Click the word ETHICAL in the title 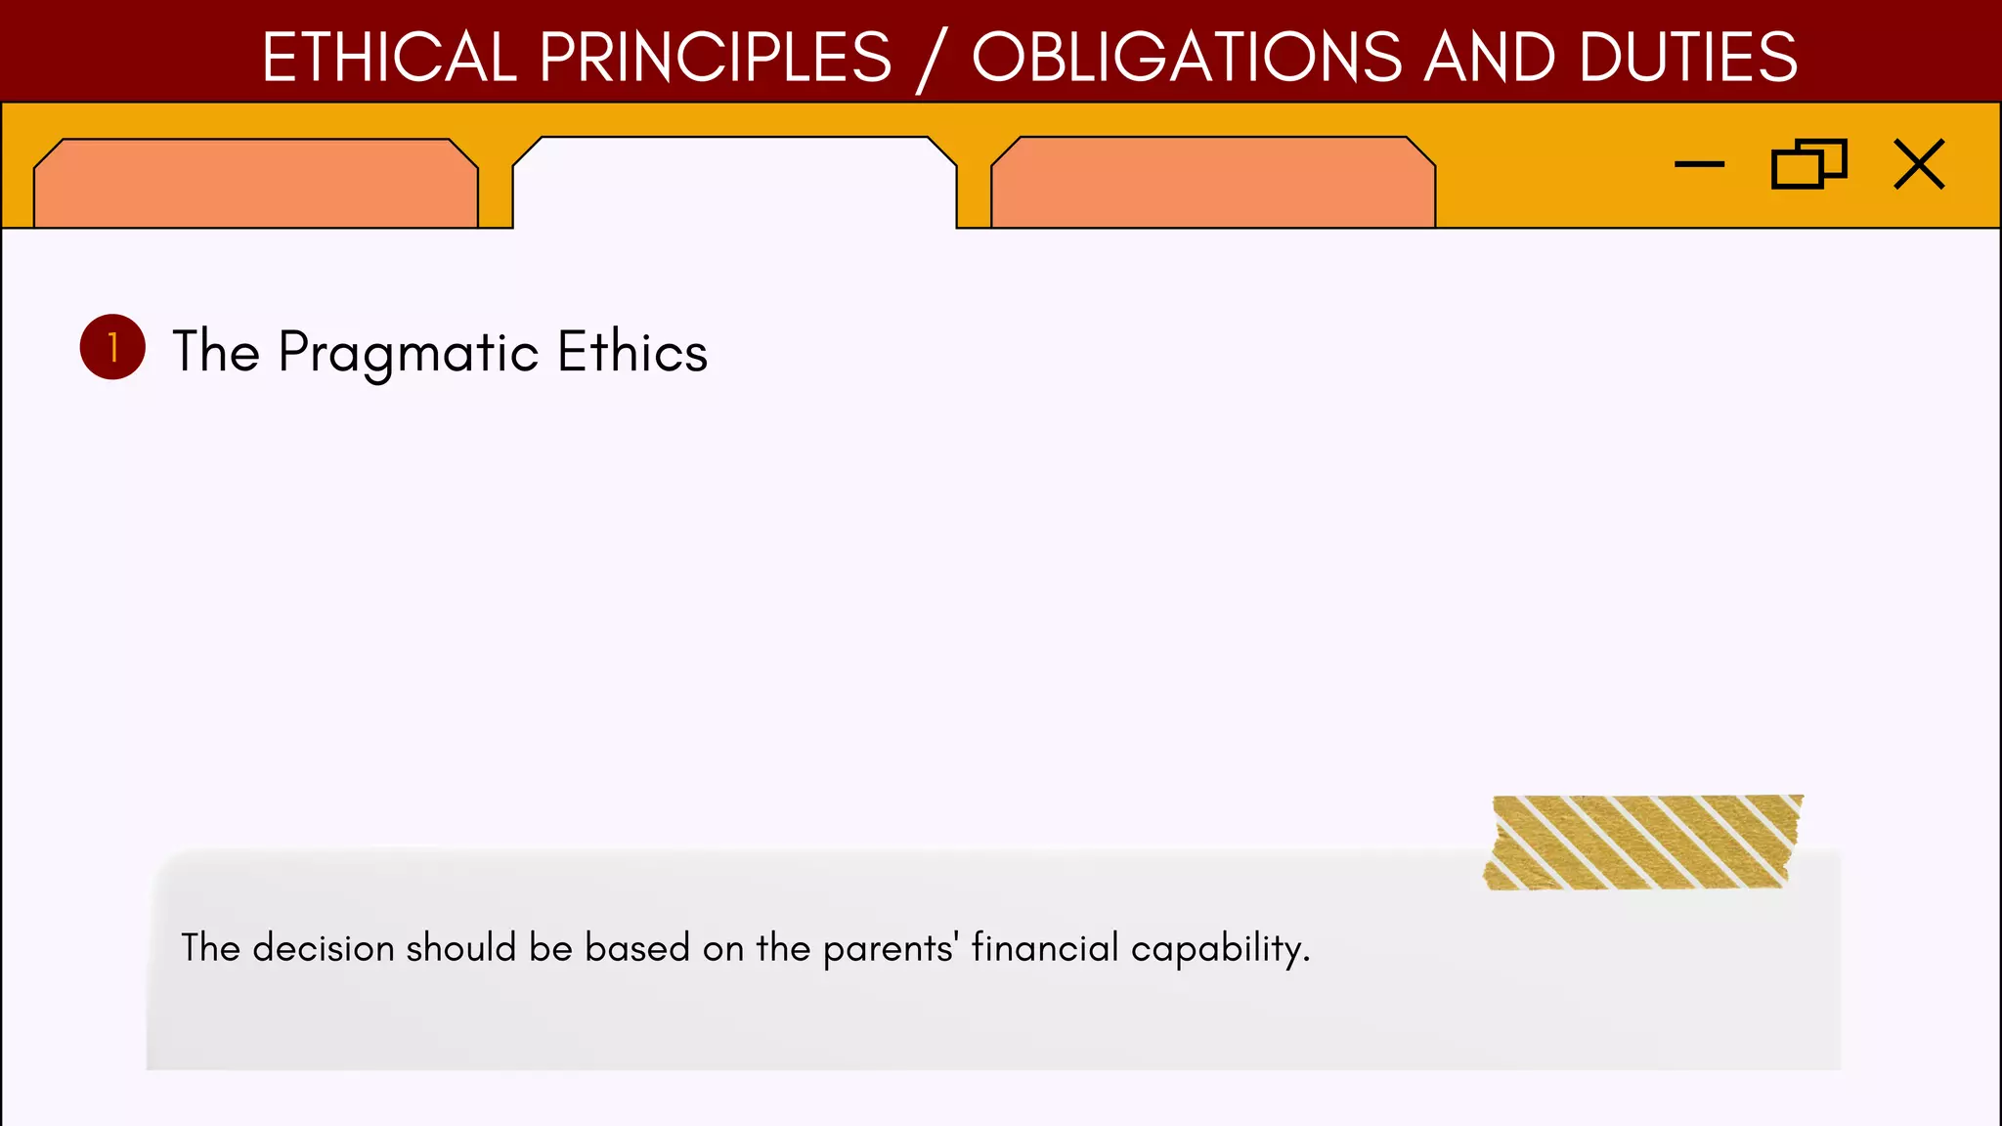[x=388, y=57]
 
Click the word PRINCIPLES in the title [x=715, y=57]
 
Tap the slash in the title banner [x=931, y=61]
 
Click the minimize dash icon [x=1699, y=164]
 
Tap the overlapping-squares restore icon [x=1808, y=164]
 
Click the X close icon [x=1919, y=164]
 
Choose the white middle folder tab [x=734, y=184]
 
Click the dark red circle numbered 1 [x=112, y=347]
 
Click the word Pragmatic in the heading [x=408, y=353]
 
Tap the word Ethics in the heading [x=631, y=351]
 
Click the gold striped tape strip [x=1642, y=843]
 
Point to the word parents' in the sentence [x=890, y=949]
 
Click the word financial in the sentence [x=1044, y=947]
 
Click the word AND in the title [x=1489, y=57]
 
